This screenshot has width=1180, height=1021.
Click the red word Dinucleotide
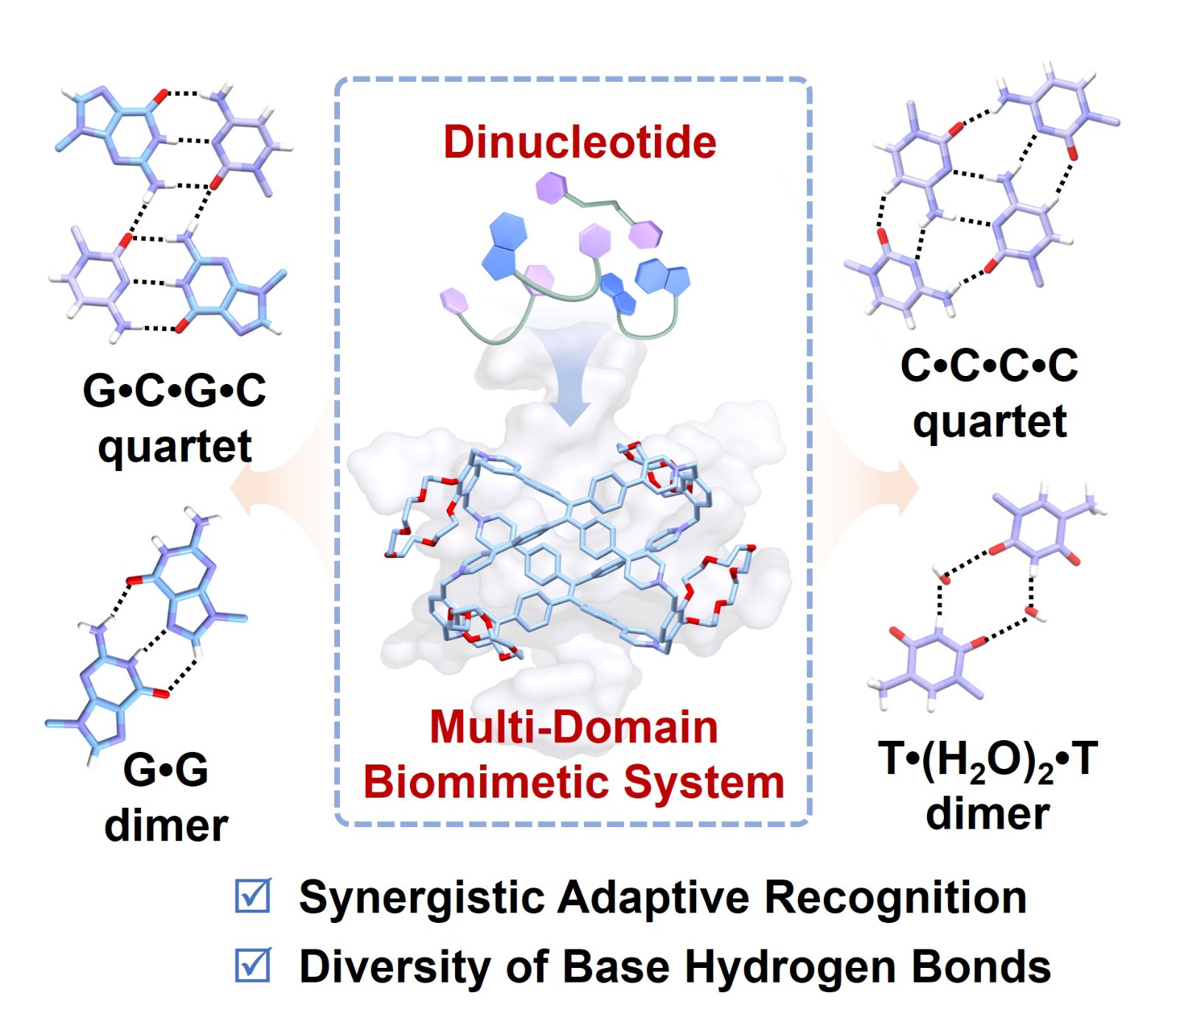tap(579, 142)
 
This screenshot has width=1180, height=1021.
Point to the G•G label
tap(166, 769)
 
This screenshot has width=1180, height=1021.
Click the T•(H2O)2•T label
tap(988, 759)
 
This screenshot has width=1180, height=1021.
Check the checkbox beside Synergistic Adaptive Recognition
tap(253, 895)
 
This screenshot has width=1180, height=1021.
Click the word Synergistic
tap(422, 897)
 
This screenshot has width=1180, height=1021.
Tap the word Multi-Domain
tap(574, 727)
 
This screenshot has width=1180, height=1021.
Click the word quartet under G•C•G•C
tap(175, 446)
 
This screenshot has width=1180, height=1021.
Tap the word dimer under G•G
tap(166, 825)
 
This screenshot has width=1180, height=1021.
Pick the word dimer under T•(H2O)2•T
tap(988, 813)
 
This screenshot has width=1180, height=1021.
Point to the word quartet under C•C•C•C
tap(989, 421)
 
